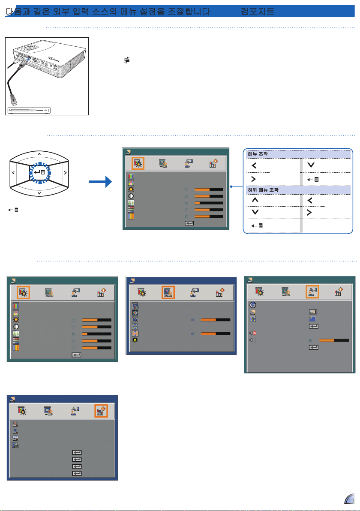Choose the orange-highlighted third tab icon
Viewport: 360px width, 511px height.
tap(312, 292)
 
